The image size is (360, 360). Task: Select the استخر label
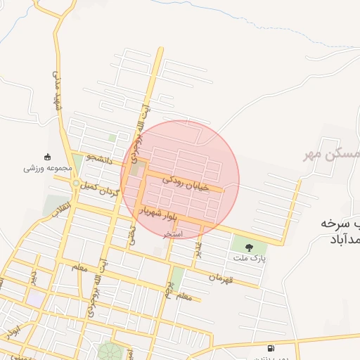[173, 233]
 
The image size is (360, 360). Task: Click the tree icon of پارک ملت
[249, 247]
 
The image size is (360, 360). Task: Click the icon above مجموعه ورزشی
[48, 157]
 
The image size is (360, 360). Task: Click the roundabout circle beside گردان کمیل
[75, 184]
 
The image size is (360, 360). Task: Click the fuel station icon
[271, 348]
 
